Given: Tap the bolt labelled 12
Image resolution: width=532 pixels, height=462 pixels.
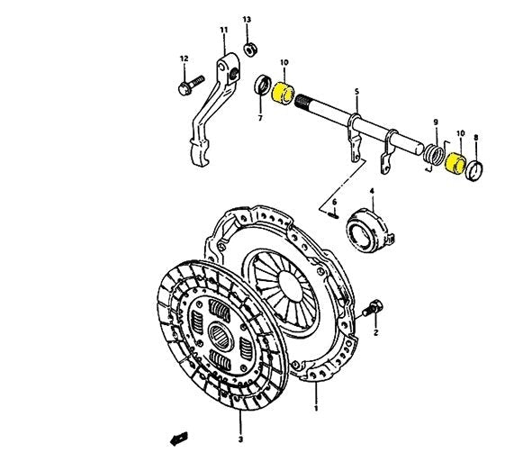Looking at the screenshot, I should (x=186, y=87).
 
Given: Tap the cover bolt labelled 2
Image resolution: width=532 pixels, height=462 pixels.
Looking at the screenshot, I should (x=372, y=309).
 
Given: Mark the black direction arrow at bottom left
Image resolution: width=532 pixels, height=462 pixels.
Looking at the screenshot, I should (x=174, y=438).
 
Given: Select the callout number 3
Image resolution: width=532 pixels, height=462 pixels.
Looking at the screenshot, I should (x=240, y=439).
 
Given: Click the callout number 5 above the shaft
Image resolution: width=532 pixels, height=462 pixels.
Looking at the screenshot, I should (x=356, y=92).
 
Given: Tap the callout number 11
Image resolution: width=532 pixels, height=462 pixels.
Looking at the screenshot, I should (x=224, y=32).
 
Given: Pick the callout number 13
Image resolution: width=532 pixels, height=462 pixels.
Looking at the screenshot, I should (x=248, y=19).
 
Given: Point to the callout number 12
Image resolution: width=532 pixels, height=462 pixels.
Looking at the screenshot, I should (x=184, y=59).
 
